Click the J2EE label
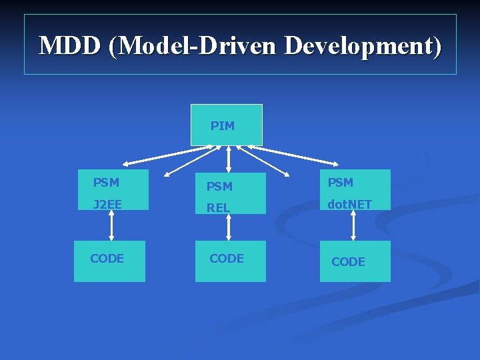[107, 204]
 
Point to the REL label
[218, 207]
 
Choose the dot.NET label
[349, 204]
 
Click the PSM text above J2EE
[106, 182]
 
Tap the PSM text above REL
[219, 186]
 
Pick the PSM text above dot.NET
[340, 182]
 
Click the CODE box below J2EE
[109, 261]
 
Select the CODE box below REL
[230, 261]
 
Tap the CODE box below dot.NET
[355, 261]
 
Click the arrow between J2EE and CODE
[111, 226]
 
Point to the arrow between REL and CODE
[229, 226]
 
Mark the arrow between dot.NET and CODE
[353, 226]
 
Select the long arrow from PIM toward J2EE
[167, 155]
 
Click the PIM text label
[223, 125]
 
